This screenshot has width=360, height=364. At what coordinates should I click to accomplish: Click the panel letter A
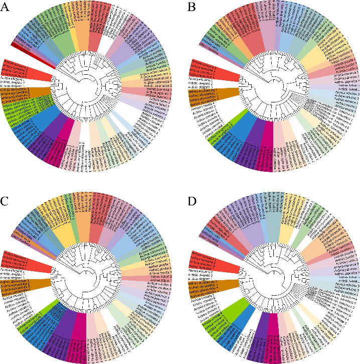7,8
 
